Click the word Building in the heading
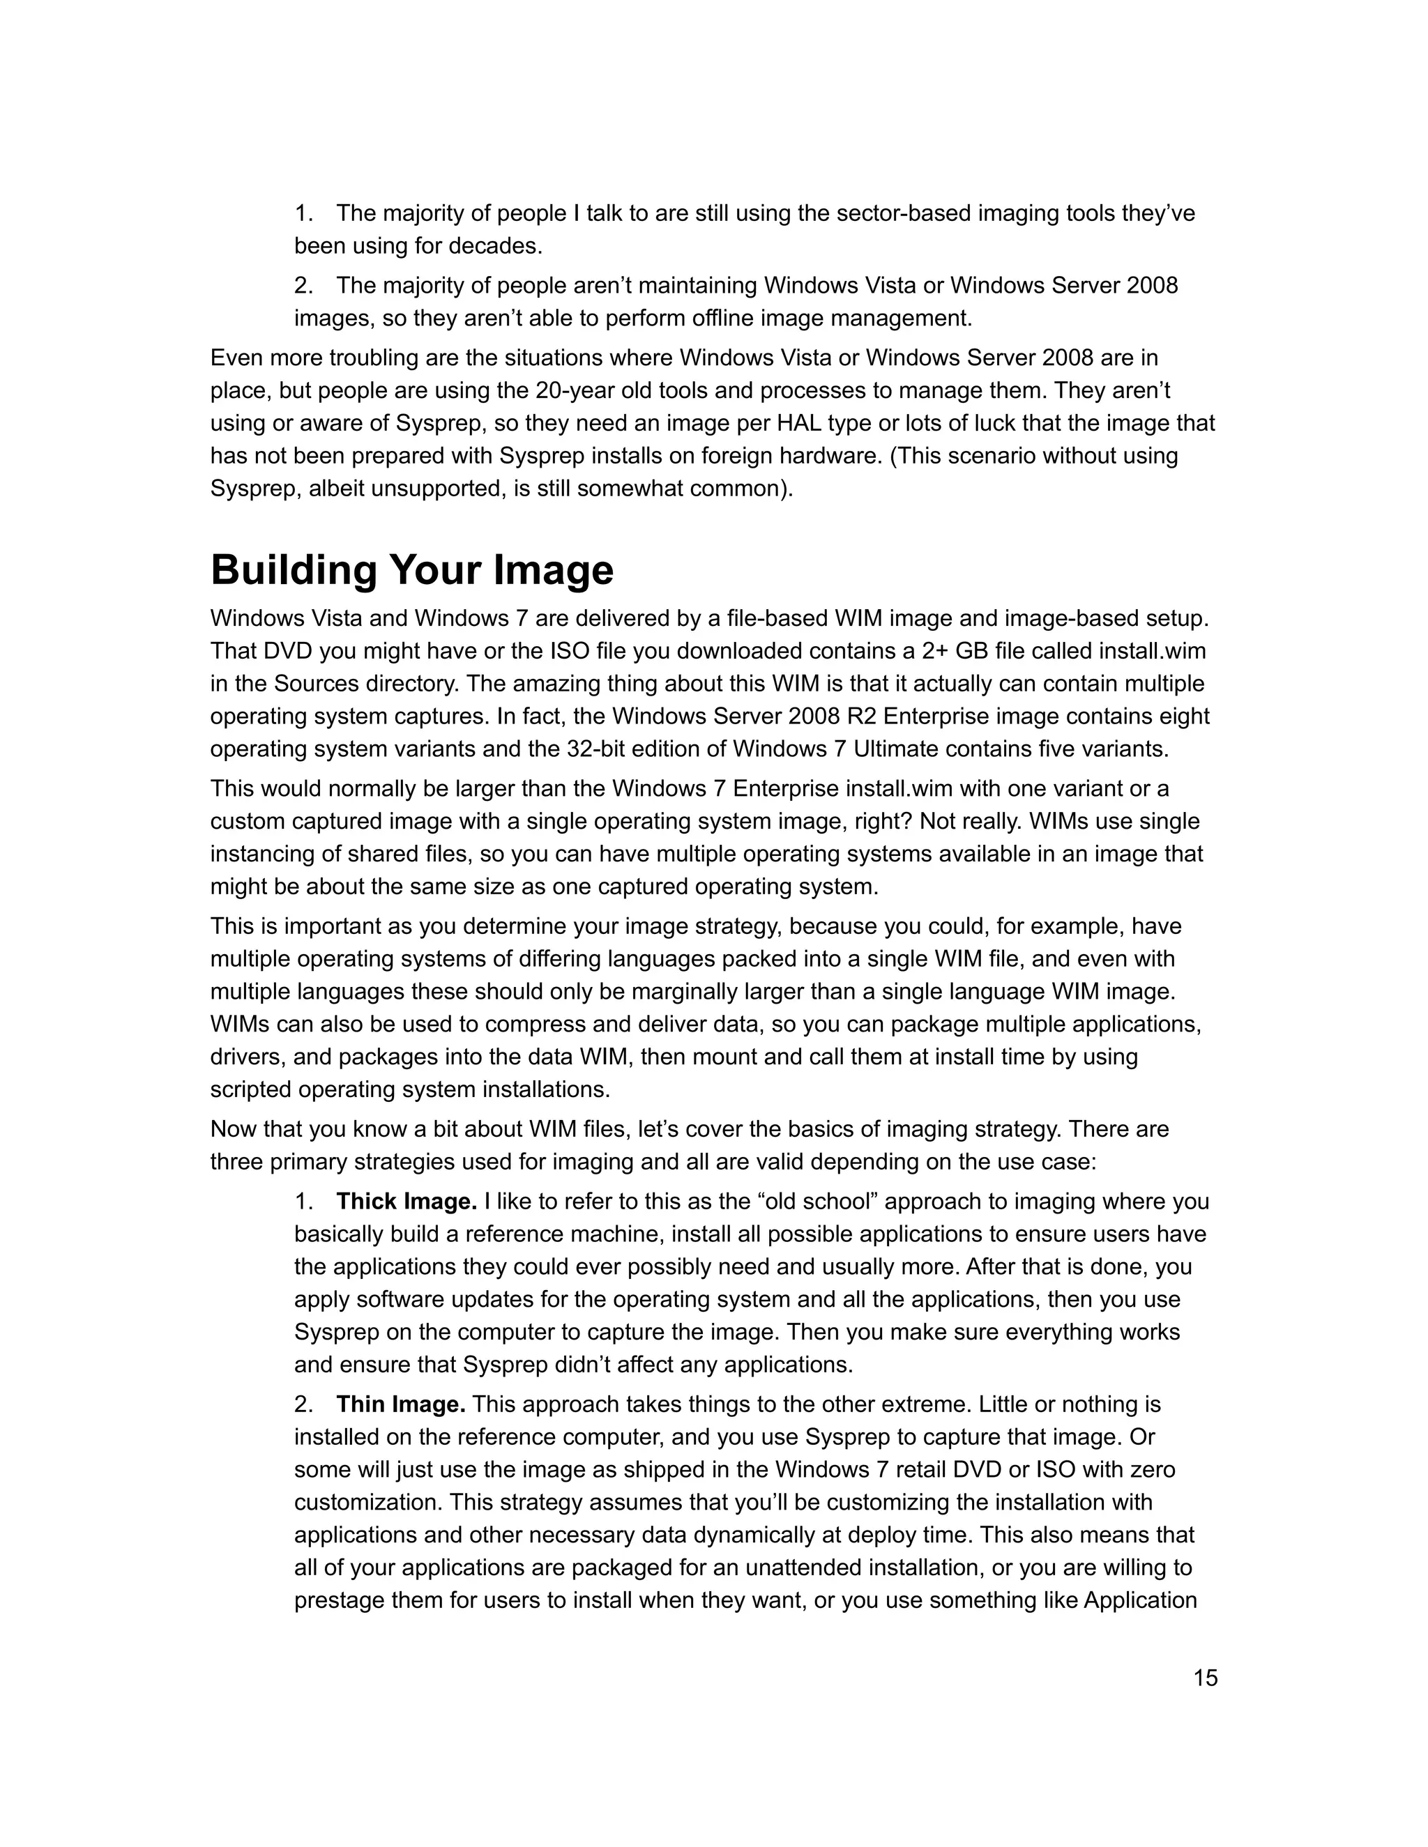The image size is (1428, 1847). (x=294, y=570)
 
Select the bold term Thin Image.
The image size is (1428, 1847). (x=401, y=1404)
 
